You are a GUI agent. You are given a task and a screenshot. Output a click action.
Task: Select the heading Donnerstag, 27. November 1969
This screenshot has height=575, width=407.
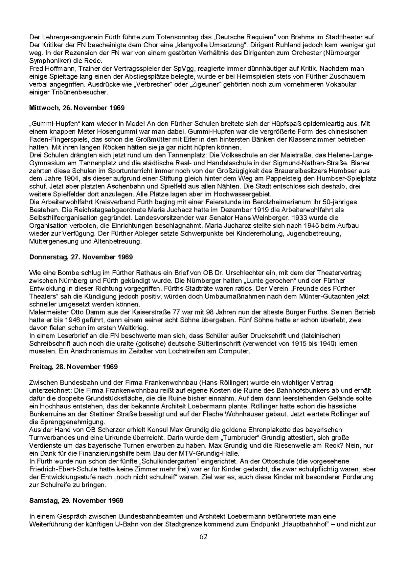81,257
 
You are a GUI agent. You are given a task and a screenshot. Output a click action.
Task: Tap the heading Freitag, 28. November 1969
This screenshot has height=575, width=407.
74,367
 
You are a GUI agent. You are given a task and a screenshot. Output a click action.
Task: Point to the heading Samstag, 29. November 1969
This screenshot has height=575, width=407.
76,500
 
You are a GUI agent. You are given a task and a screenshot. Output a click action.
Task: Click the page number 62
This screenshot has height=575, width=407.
203,537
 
